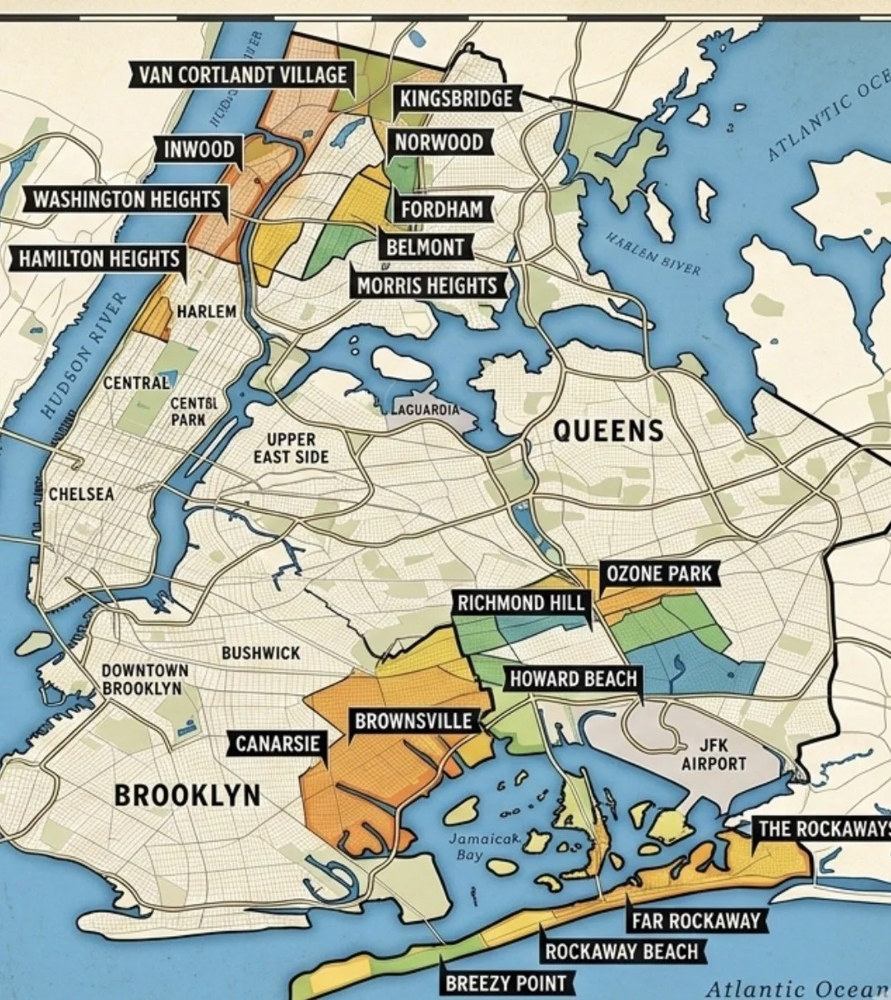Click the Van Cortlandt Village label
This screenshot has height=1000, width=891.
pos(242,75)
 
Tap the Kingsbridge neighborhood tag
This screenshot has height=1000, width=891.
pos(456,100)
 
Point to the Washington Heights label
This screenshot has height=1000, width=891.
pos(127,200)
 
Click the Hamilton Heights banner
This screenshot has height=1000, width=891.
pos(99,258)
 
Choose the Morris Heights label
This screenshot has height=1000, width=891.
pos(427,287)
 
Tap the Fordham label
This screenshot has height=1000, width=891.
pos(442,209)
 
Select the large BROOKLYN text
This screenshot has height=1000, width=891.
pos(187,795)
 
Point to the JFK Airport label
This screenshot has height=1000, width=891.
pos(714,755)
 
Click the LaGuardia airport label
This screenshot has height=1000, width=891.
pos(424,410)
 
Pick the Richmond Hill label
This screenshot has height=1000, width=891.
pos(521,603)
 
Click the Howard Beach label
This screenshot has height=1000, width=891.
pos(574,679)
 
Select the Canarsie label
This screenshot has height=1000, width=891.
pos(278,744)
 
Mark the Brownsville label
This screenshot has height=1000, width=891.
pos(414,721)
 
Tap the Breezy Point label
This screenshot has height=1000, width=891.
pos(506,983)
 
